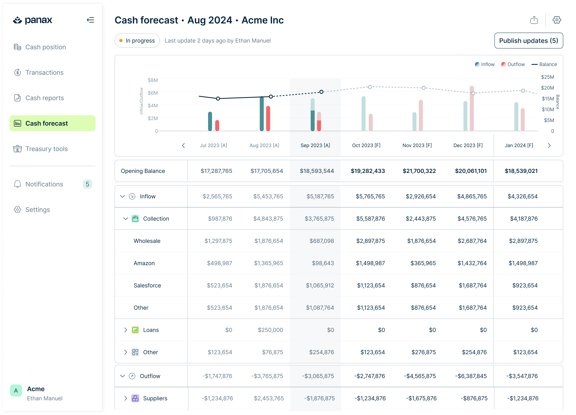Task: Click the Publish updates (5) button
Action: (x=528, y=41)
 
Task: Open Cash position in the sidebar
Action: (x=46, y=47)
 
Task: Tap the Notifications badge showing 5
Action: (x=87, y=184)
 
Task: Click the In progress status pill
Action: (x=137, y=41)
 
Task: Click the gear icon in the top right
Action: (x=557, y=20)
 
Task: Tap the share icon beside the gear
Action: (x=534, y=20)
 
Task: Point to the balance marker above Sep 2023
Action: (x=321, y=92)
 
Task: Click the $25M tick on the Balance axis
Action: (x=547, y=77)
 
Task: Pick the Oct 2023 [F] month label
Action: (x=366, y=145)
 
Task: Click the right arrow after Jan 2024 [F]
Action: (x=549, y=145)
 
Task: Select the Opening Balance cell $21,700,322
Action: (x=419, y=171)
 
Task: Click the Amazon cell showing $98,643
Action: (x=323, y=263)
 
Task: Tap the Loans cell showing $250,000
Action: (x=270, y=330)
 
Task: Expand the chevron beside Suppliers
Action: (x=126, y=398)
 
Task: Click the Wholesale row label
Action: (x=147, y=241)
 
